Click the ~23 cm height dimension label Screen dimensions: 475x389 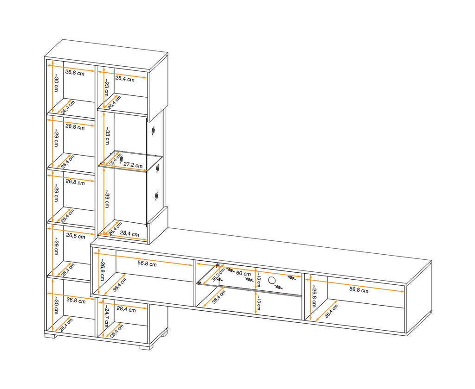pyautogui.click(x=106, y=88)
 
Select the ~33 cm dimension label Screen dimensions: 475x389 pyautogui.click(x=107, y=136)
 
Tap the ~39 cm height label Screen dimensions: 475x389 pyautogui.click(x=107, y=199)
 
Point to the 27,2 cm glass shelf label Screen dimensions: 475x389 pyautogui.click(x=133, y=165)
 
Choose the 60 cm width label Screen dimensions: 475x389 pyautogui.click(x=243, y=273)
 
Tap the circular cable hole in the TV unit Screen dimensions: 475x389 pyautogui.click(x=272, y=281)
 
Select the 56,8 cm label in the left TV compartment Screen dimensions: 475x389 pyautogui.click(x=147, y=264)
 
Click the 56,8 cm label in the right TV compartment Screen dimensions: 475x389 pyautogui.click(x=359, y=290)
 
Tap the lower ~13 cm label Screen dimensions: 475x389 pyautogui.click(x=258, y=303)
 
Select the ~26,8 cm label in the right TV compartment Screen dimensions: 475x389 pyautogui.click(x=314, y=296)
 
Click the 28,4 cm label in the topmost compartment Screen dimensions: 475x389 pyautogui.click(x=125, y=79)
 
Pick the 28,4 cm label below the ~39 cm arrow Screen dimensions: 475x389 pyautogui.click(x=129, y=233)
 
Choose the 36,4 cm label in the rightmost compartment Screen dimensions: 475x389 pyautogui.click(x=331, y=311)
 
